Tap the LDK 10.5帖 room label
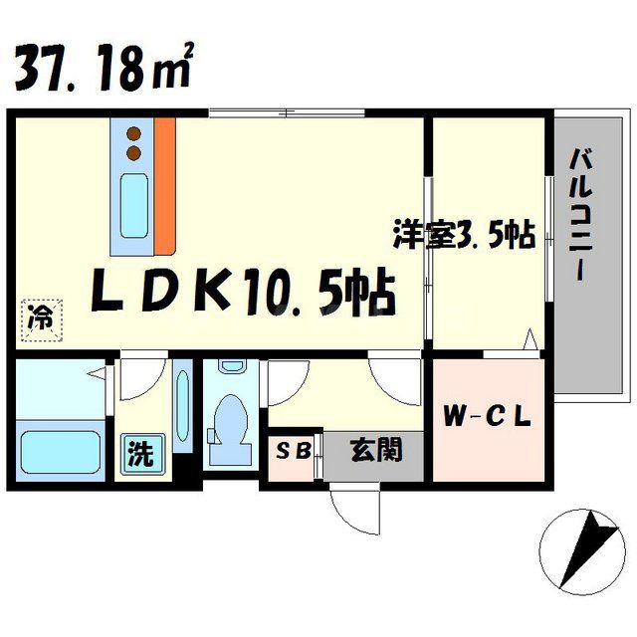pyautogui.click(x=243, y=291)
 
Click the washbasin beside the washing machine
pyautogui.click(x=182, y=408)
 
